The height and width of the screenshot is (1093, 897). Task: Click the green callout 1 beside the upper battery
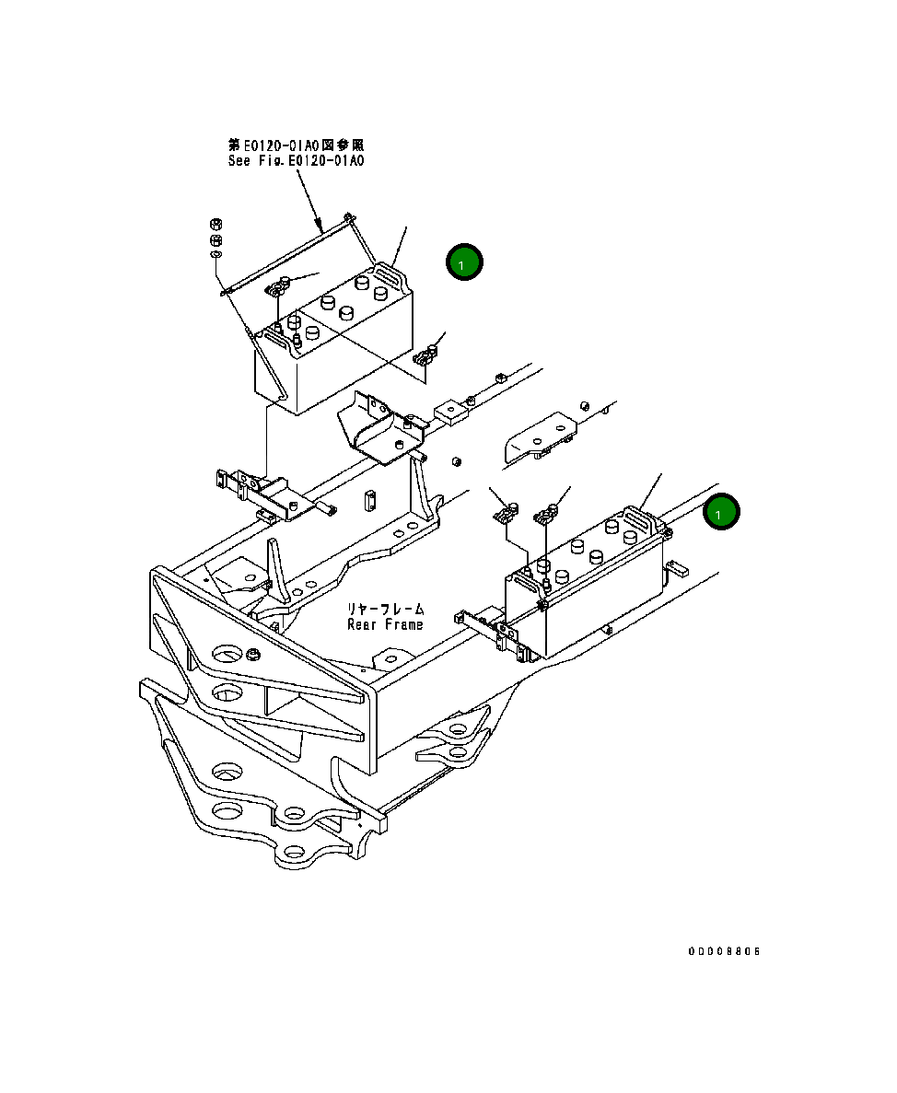(464, 262)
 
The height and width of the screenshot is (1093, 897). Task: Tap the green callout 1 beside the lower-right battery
(720, 512)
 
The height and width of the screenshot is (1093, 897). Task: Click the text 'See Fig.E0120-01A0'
(297, 160)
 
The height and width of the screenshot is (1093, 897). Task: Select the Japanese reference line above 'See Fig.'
(297, 145)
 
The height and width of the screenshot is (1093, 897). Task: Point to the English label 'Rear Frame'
(385, 624)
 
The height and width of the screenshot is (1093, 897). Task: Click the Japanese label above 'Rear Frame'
(385, 610)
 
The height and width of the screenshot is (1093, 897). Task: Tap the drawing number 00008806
(724, 951)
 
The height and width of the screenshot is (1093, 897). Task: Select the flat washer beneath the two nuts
(216, 254)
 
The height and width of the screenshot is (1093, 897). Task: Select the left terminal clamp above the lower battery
(504, 514)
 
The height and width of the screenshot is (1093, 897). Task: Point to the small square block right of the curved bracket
(449, 410)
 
